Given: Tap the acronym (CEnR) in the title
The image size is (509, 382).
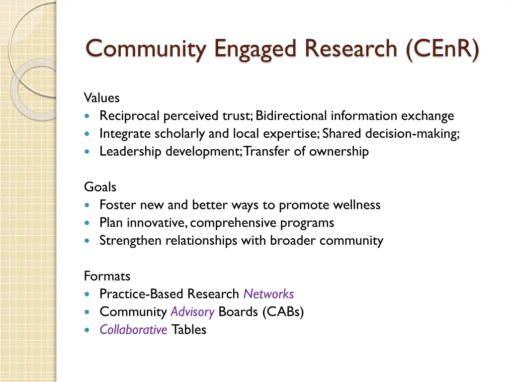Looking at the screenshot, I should tap(442, 49).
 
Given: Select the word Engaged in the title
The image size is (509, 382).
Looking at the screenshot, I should tap(256, 49).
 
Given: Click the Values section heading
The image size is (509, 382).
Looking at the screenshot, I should tap(101, 98).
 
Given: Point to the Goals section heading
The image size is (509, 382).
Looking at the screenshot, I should tap(100, 187).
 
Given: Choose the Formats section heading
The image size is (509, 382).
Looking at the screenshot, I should tap(107, 276).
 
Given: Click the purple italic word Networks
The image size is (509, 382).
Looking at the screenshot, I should tap(268, 294).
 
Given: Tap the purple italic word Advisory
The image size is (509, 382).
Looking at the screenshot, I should tap(192, 312).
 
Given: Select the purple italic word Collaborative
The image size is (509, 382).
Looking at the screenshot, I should tap(133, 329).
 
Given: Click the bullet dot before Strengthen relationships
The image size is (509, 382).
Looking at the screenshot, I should tap(88, 241).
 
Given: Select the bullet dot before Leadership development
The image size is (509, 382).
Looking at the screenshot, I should tap(88, 152).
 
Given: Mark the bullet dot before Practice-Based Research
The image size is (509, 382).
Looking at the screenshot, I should tap(88, 294).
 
